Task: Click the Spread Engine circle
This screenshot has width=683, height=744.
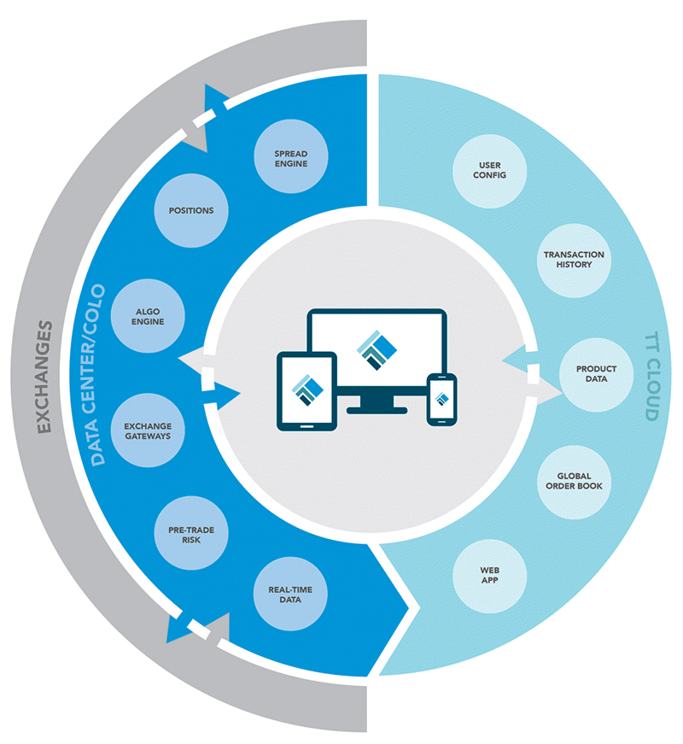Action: [x=290, y=159]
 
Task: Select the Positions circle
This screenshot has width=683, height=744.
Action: [x=191, y=210]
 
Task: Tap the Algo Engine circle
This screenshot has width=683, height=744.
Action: [x=149, y=316]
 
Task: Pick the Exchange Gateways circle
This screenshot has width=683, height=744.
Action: [x=148, y=431]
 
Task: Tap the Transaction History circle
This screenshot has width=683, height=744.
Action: [x=575, y=260]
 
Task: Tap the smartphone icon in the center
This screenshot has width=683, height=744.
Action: [x=441, y=398]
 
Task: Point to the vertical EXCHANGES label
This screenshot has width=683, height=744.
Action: [x=44, y=375]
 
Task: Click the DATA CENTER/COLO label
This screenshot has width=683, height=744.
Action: [x=98, y=375]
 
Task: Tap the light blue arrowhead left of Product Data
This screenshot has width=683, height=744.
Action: [x=513, y=363]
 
